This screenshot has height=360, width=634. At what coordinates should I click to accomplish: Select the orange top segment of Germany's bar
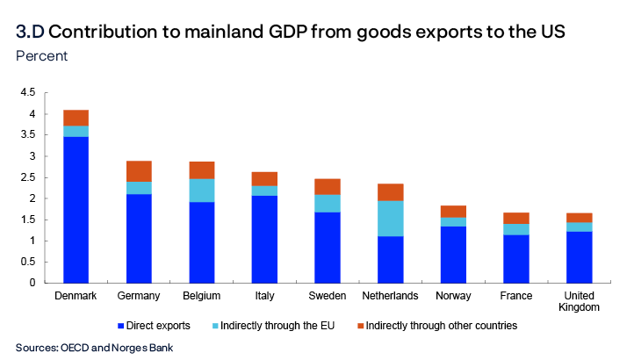pos(139,171)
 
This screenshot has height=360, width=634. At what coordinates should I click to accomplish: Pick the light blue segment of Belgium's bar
pos(202,191)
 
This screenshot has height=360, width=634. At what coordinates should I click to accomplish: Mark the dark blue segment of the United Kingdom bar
pos(579,257)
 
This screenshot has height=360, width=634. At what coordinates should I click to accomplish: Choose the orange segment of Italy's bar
pos(264,179)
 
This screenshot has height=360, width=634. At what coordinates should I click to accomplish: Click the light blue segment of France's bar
pos(515,229)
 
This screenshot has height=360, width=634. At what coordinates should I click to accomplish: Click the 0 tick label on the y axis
pos(32,283)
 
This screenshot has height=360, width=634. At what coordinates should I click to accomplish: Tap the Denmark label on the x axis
pos(76,296)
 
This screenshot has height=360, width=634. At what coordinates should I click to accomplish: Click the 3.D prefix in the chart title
pos(29,32)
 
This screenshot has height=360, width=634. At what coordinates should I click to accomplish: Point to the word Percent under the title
pos(41,56)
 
